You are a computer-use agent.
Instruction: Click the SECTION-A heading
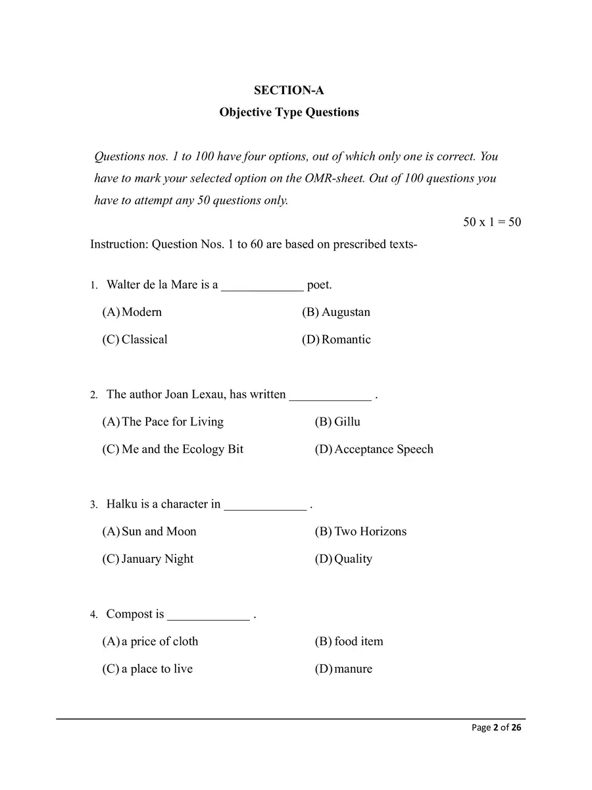pyautogui.click(x=289, y=91)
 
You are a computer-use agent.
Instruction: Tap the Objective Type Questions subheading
pyautogui.click(x=289, y=112)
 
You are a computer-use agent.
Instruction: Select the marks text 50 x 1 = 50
pyautogui.click(x=491, y=222)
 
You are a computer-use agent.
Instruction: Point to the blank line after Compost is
pyautogui.click(x=209, y=616)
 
